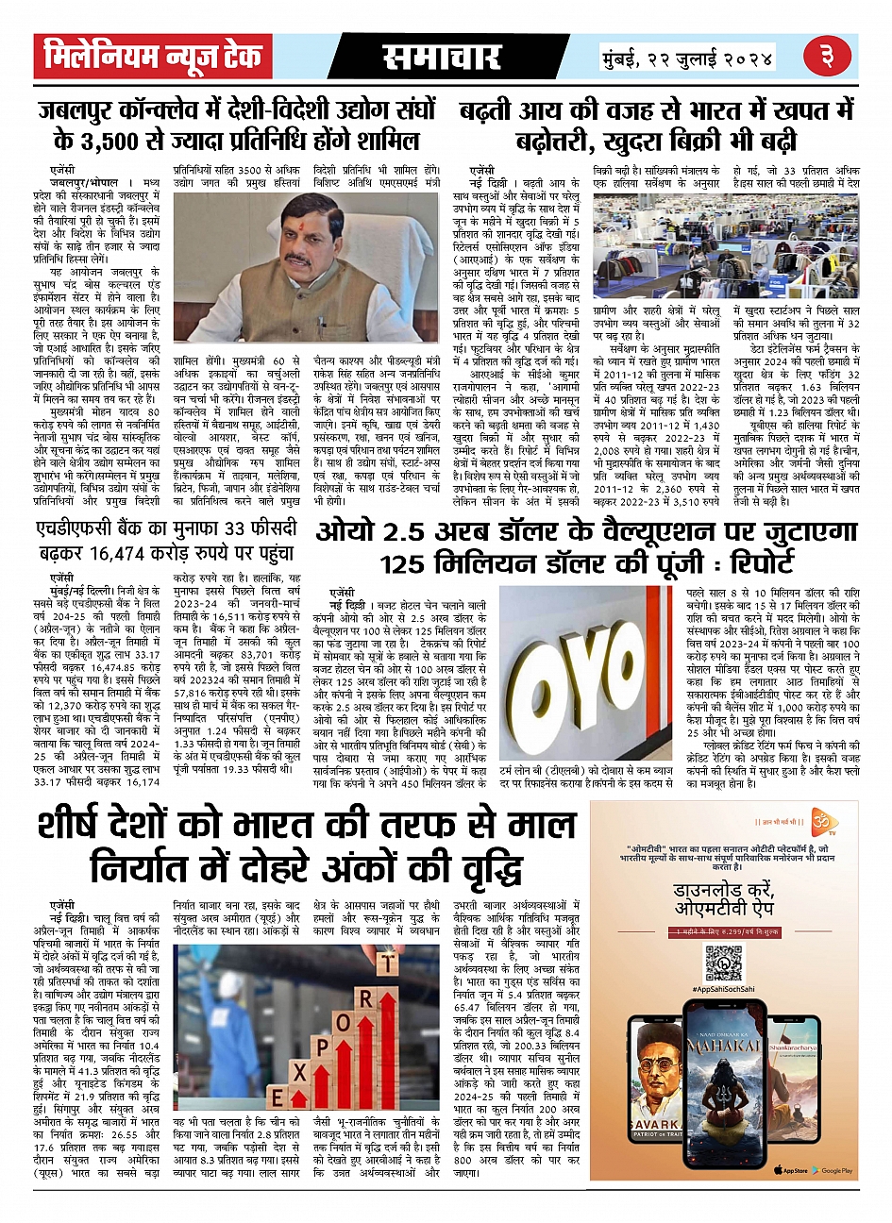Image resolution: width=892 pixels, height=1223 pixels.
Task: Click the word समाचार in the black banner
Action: pyautogui.click(x=442, y=58)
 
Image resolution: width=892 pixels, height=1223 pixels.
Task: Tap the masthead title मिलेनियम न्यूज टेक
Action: pyautogui.click(x=153, y=57)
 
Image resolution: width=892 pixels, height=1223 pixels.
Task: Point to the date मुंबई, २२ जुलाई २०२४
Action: pyautogui.click(x=688, y=59)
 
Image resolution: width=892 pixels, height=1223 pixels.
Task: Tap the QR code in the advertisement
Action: pyautogui.click(x=724, y=961)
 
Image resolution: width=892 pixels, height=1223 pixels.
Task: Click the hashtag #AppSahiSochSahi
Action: pyautogui.click(x=724, y=988)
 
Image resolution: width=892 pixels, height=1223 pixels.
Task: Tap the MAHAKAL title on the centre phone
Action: pyautogui.click(x=723, y=1047)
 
